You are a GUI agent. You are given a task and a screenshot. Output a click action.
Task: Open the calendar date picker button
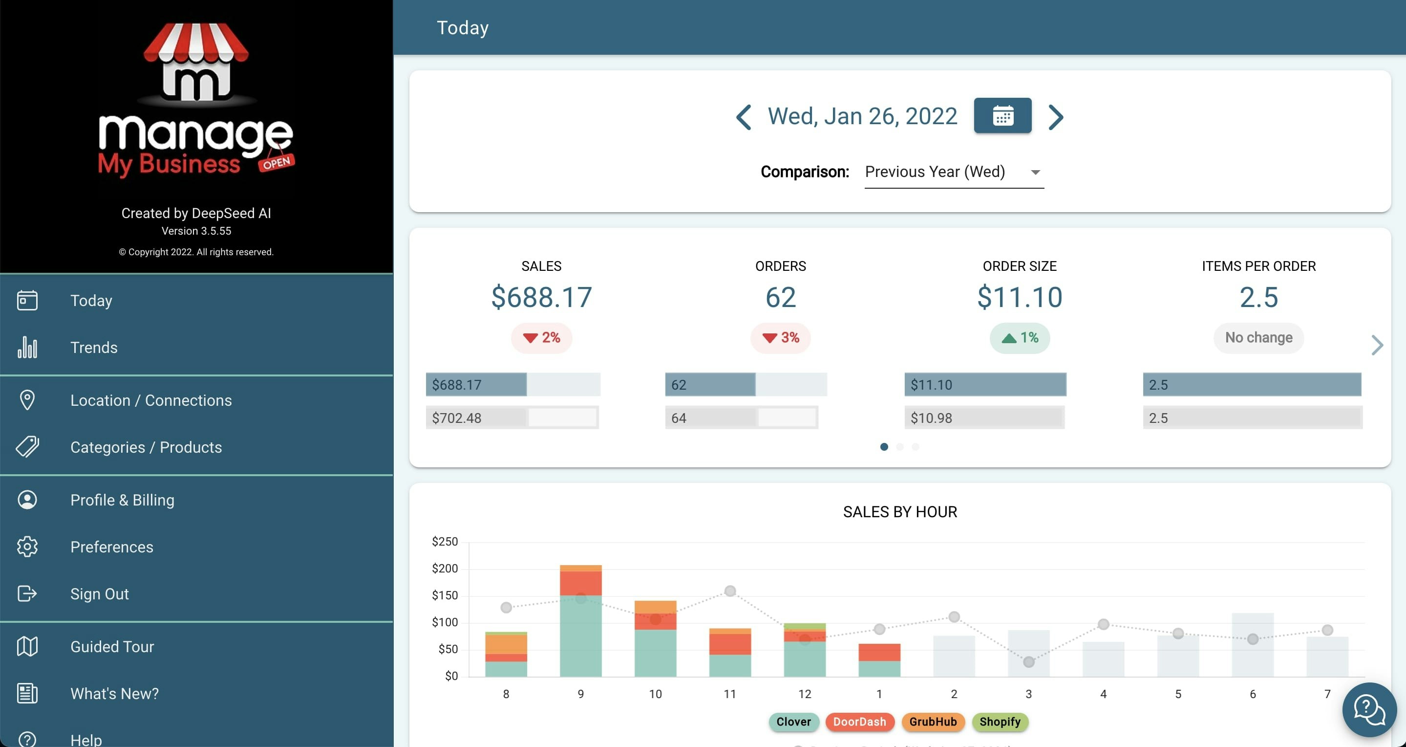1002,116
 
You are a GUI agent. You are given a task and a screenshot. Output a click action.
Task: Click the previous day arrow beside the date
744,117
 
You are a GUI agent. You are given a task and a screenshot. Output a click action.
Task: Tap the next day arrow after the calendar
1056,117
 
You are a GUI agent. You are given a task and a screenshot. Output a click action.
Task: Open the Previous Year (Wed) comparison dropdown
954,172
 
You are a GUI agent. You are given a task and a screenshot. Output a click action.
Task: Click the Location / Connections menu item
150,400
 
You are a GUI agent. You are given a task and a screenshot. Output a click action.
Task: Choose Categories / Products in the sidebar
146,447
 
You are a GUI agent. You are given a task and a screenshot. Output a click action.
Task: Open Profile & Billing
122,500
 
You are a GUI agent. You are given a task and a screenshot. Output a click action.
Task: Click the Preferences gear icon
27,547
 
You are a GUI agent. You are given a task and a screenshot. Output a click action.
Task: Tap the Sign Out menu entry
99,593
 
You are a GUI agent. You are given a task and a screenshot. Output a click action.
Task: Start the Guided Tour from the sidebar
112,646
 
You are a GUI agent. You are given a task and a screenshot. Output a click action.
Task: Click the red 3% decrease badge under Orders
780,338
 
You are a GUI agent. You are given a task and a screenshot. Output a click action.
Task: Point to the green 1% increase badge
1019,338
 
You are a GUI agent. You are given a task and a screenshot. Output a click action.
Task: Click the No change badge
1258,338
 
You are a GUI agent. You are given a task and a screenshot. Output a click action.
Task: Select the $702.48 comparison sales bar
511,417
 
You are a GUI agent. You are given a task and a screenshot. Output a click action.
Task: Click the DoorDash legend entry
859,722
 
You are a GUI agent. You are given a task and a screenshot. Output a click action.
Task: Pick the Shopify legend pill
1000,722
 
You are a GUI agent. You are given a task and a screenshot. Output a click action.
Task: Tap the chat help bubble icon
1368,710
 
